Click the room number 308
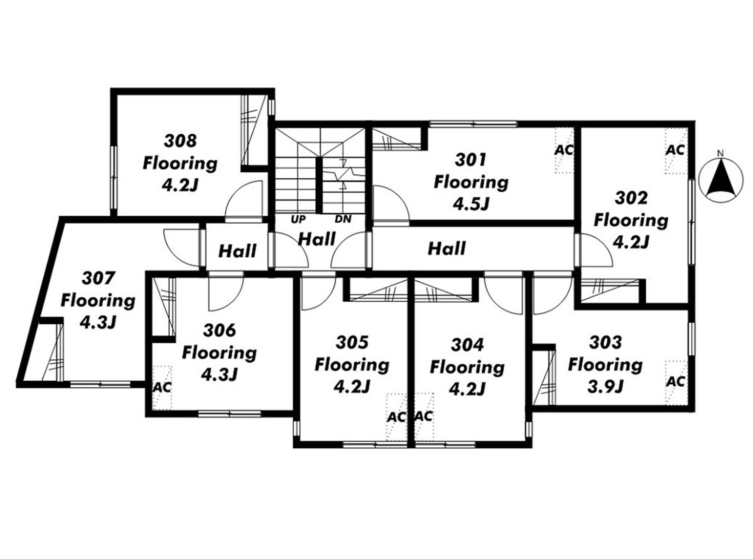pos(180,141)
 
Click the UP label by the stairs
pos(298,219)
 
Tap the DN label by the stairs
pos(343,219)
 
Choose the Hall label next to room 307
pos(237,251)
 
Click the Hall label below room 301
pos(447,249)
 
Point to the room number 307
pos(98,278)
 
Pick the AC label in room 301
pos(564,150)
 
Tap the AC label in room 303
pos(676,382)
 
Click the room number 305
pos(352,342)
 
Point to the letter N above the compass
pos(721,153)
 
